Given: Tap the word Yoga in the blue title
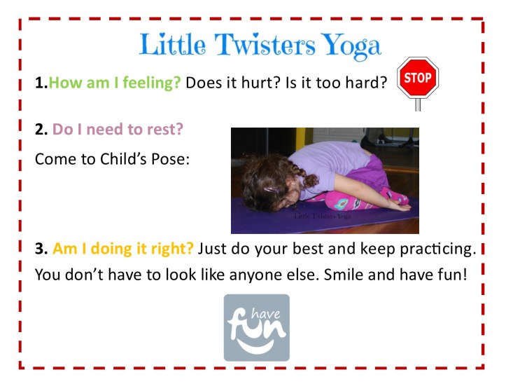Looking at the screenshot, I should click(x=353, y=47).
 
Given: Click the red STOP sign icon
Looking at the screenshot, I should click(x=418, y=78).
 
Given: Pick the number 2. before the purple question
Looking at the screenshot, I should click(x=41, y=130).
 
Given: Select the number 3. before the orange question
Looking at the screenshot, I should click(x=41, y=249).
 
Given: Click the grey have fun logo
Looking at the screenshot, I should click(x=256, y=327).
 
